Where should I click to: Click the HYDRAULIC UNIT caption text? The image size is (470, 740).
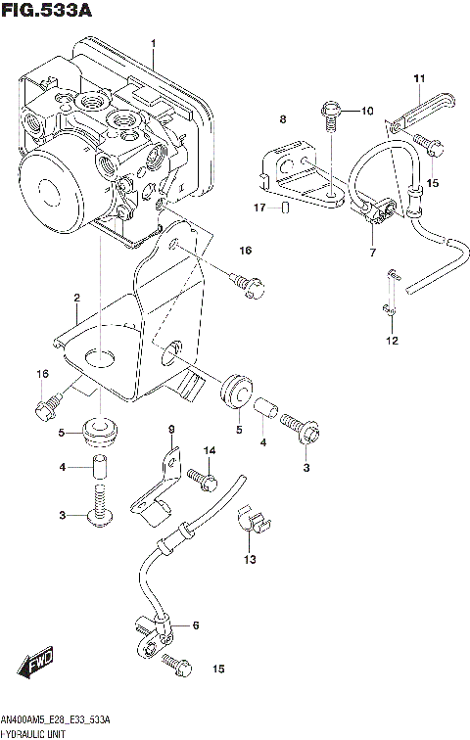34,732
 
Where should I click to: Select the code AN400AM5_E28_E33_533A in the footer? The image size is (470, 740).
56,719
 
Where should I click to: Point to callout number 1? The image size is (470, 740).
153,44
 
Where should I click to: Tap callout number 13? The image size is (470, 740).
250,559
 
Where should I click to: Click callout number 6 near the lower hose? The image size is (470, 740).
195,625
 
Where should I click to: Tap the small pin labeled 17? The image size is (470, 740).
284,208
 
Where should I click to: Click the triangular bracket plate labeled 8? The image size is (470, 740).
299,176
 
